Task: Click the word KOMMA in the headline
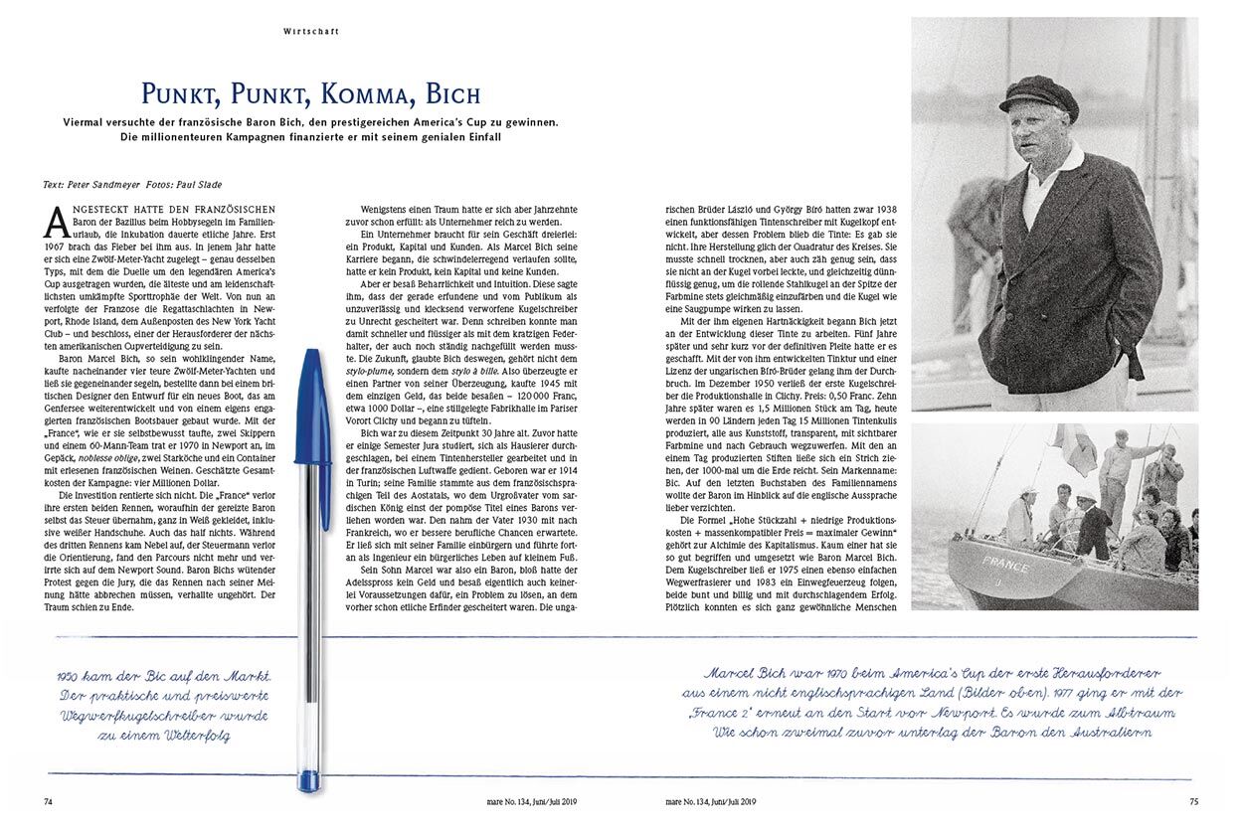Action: pos(353,95)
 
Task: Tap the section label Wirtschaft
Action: pos(311,31)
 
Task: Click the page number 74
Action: pos(49,801)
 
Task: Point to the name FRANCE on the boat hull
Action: pos(1005,562)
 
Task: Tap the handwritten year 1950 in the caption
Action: pos(75,676)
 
